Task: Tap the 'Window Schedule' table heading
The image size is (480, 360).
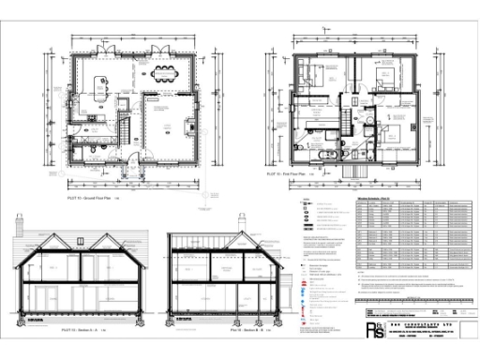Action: pos(375,200)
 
